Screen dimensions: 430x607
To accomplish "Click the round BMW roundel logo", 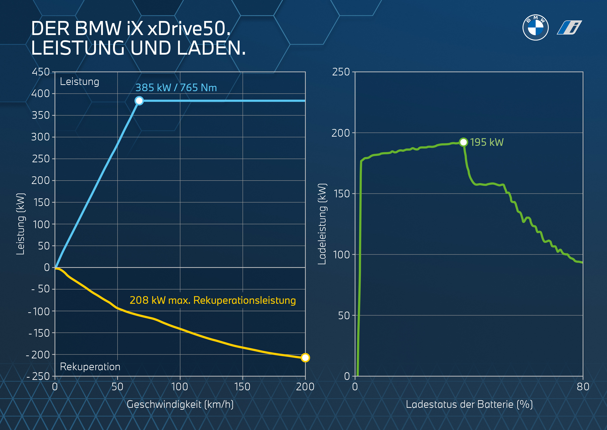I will point(535,28).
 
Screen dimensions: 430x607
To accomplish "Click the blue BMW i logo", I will point(569,28).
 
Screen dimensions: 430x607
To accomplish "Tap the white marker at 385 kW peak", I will point(139,101).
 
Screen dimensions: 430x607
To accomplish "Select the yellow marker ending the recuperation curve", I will point(305,358).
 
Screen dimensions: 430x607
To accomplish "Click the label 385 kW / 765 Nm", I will point(176,88).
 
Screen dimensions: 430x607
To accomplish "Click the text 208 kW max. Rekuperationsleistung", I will point(213,300).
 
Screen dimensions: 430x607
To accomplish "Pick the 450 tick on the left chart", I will point(41,72).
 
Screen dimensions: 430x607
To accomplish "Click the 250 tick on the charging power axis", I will point(341,72).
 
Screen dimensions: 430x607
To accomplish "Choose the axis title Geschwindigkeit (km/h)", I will point(180,404).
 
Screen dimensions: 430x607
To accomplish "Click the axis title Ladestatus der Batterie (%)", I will point(469,404).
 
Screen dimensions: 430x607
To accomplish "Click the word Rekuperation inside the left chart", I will point(90,367).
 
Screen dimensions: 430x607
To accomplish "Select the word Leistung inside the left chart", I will point(80,81).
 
